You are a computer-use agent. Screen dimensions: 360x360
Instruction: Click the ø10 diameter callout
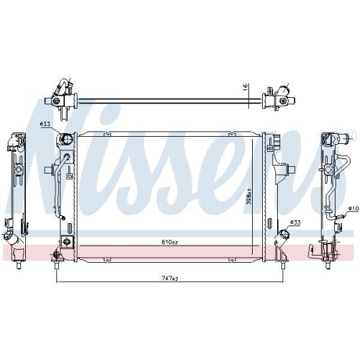click(353, 209)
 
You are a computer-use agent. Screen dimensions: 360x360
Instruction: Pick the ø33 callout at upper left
click(45, 125)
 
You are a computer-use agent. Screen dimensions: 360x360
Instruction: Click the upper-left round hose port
click(66, 138)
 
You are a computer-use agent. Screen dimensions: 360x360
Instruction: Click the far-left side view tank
click(16, 191)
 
